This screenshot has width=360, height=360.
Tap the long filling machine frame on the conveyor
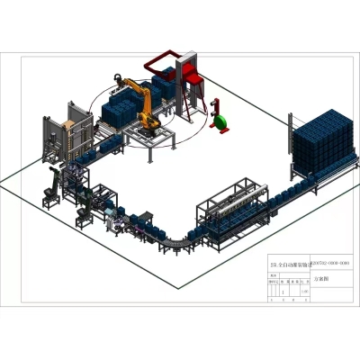pyautogui.click(x=237, y=212)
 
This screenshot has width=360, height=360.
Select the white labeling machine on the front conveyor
pyautogui.click(x=117, y=220)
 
